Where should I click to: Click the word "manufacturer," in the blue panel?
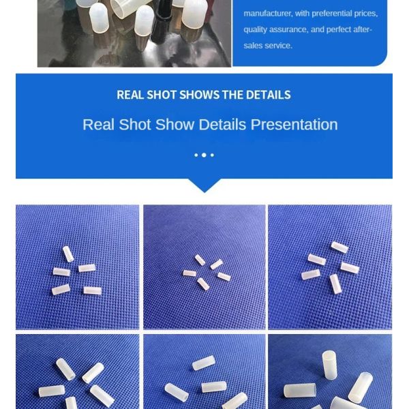(267, 14)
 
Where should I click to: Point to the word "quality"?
(256, 29)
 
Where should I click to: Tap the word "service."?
(278, 46)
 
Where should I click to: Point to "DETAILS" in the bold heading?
(268, 95)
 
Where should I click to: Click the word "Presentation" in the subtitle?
(294, 125)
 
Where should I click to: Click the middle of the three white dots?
(204, 155)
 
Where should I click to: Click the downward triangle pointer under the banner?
(204, 185)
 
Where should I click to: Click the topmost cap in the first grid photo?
(67, 254)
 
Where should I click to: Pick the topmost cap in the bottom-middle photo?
(203, 363)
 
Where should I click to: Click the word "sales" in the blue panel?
(256, 46)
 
